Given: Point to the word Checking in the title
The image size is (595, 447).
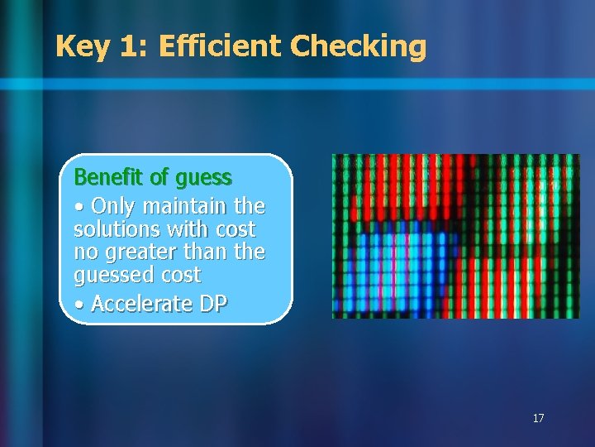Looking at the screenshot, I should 359,46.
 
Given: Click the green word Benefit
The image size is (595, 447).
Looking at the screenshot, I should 104,178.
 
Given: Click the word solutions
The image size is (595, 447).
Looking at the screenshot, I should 118,228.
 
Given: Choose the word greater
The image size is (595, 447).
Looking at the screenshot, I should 143,251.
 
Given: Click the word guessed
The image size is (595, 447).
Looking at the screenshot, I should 112,274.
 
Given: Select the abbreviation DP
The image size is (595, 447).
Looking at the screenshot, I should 212,304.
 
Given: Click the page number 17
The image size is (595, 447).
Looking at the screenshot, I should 538,419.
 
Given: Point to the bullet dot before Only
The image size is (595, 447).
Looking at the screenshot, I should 78,206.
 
